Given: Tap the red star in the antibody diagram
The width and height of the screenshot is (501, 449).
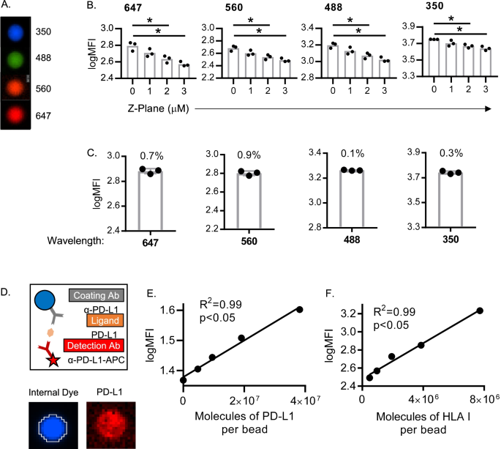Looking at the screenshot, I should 34,363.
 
